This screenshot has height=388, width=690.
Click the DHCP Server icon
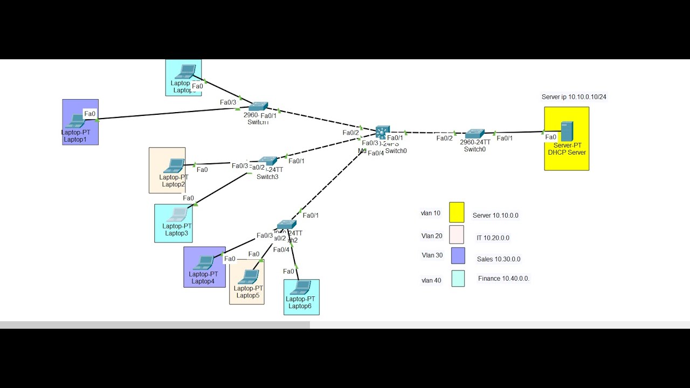point(567,131)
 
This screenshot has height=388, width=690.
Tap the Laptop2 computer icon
point(174,165)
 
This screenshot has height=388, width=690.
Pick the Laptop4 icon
point(204,262)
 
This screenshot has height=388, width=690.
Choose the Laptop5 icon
point(249,276)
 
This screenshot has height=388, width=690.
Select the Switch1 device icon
point(258,107)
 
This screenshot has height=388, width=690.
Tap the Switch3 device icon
point(267,161)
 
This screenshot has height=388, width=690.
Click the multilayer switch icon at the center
point(382,132)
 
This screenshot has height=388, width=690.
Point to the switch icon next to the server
point(475,133)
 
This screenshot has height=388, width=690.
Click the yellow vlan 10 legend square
point(457,212)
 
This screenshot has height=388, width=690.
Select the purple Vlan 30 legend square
point(458,255)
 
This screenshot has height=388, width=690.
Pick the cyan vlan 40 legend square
point(458,279)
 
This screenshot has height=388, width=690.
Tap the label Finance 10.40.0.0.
point(503,279)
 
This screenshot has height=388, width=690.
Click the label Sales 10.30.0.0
point(498,259)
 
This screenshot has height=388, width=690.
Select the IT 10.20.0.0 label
point(493,238)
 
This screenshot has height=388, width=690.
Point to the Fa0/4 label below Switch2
point(281,250)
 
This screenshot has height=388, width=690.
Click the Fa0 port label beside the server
point(550,137)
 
